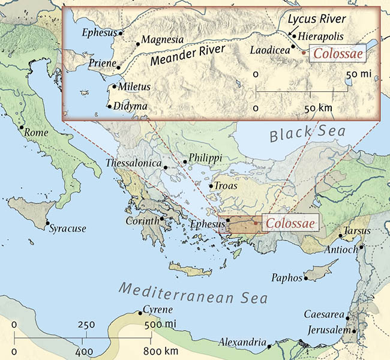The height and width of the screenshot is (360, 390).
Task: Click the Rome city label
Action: tap(37, 133)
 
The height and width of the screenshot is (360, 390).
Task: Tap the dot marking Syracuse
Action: tap(49, 224)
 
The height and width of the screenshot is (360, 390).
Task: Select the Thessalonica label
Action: tap(134, 163)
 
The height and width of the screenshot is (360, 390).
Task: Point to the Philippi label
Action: tap(205, 158)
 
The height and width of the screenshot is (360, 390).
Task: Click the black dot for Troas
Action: tap(211, 185)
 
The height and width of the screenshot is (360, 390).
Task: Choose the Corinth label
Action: tap(142, 220)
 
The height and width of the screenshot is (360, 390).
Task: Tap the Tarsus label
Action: tap(358, 232)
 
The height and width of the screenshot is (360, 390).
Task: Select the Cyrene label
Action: tap(158, 310)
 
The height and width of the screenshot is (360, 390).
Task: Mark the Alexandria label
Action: tap(242, 343)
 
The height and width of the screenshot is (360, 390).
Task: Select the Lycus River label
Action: tap(317, 19)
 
